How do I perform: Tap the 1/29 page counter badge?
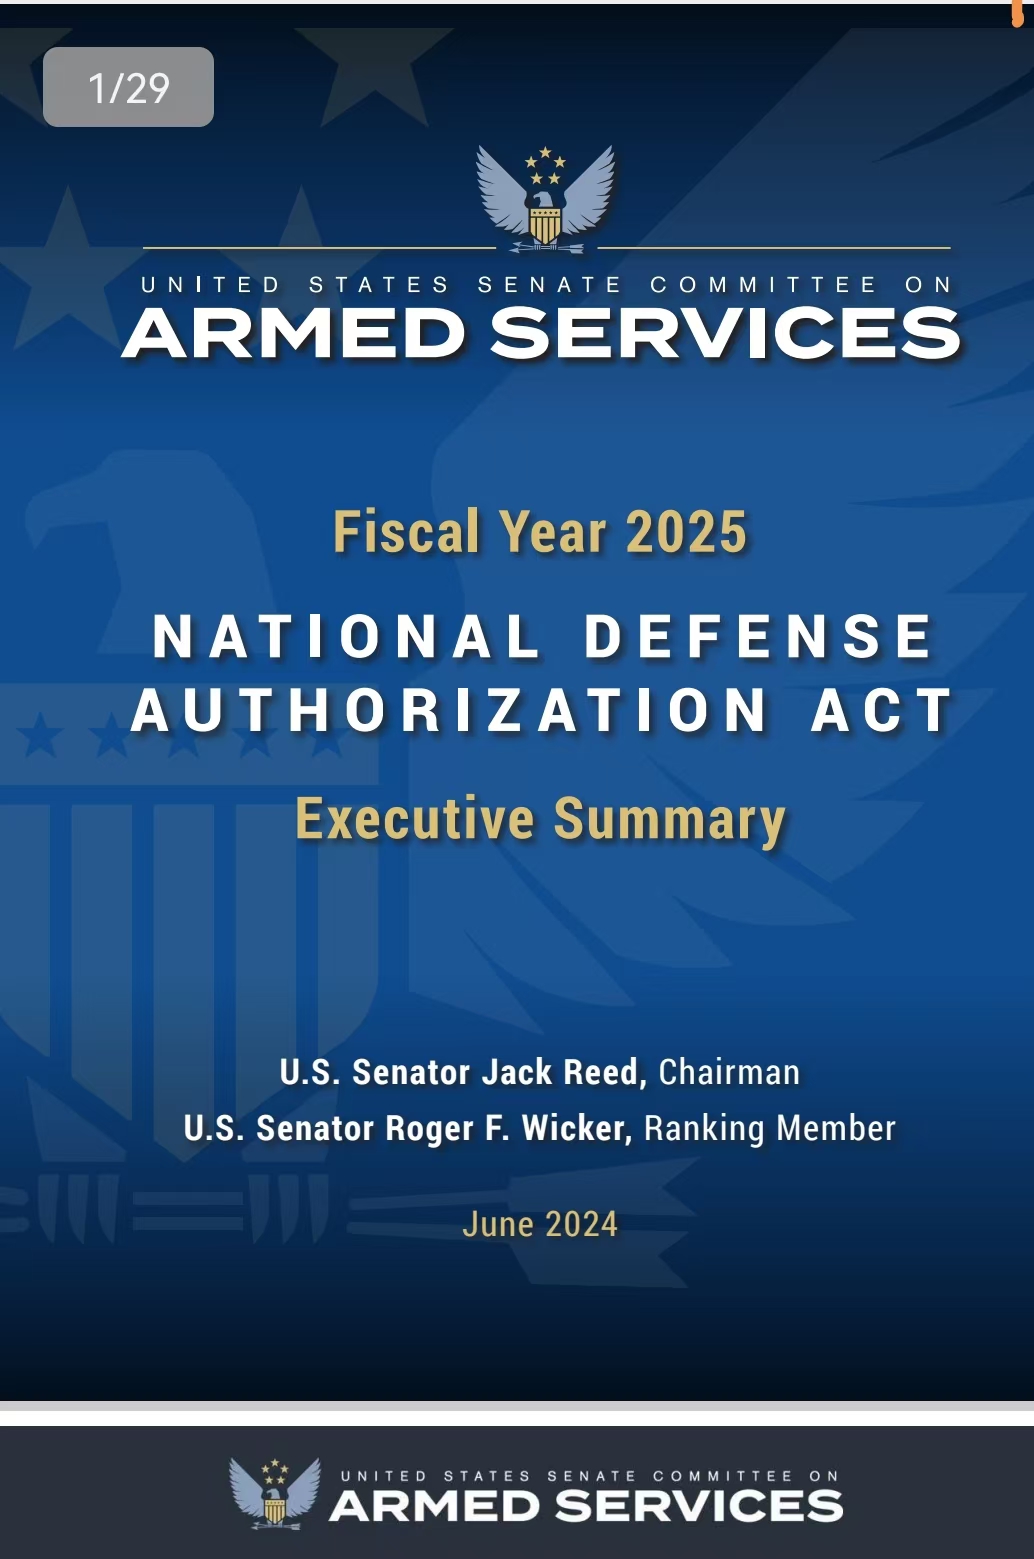128,87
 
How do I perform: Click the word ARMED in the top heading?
294,334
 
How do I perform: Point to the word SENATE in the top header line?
550,285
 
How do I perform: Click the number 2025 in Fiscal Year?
686,532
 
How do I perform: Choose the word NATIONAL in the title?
346,636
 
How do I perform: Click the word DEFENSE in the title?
758,636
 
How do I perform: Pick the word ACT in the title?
881,710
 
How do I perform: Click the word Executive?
415,818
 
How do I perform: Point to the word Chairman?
729,1072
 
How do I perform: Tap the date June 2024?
540,1225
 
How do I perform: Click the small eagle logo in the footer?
275,1493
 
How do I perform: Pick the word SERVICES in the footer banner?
699,1506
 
